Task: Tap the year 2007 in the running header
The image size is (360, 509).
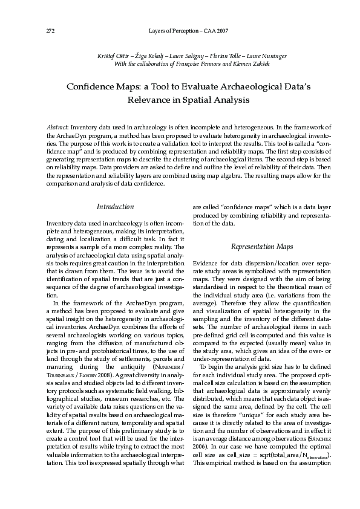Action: (220, 30)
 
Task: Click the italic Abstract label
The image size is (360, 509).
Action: (57, 128)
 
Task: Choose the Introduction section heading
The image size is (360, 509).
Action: (115, 207)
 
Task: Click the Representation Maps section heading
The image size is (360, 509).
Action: (262, 247)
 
